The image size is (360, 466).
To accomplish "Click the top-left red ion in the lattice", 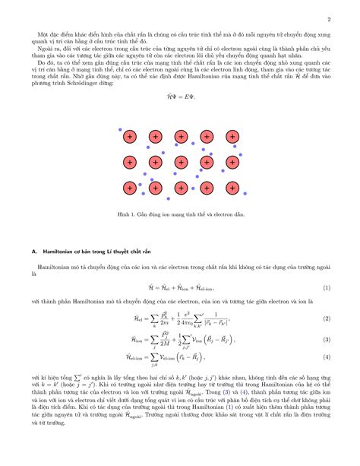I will [x=129, y=137].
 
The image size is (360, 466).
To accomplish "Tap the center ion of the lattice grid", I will [x=181, y=162].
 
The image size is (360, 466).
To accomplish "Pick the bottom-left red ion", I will [x=129, y=187].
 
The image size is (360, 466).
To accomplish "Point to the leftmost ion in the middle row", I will [x=129, y=162].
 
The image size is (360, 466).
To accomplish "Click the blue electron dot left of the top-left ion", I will [x=120, y=130].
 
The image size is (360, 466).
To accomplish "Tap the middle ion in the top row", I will [x=181, y=137].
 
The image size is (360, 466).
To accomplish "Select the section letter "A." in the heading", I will [x=34, y=250].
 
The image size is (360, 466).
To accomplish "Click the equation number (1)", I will [x=327, y=289].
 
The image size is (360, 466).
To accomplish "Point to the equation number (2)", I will [x=327, y=319].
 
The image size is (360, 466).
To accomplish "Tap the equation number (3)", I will [x=327, y=340].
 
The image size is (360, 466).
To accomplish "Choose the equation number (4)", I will [x=327, y=357].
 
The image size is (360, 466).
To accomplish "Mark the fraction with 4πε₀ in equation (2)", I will [x=189, y=319].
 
